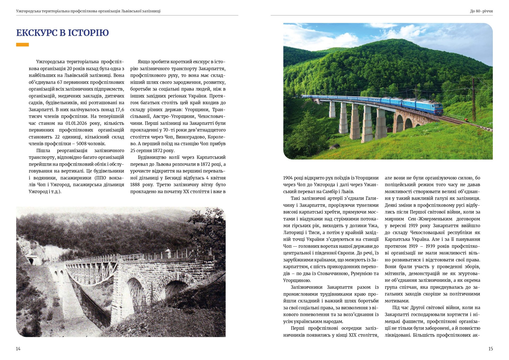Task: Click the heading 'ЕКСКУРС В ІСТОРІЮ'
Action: [x=63, y=33]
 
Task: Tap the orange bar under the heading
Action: [x=23, y=45]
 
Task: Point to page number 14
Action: [x=18, y=349]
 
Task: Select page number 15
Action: [x=490, y=349]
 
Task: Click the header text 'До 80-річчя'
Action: [x=481, y=11]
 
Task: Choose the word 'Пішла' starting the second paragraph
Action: [x=43, y=151]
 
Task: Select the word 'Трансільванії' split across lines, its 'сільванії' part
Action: [x=141, y=116]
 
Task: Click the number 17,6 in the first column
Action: [x=120, y=109]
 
